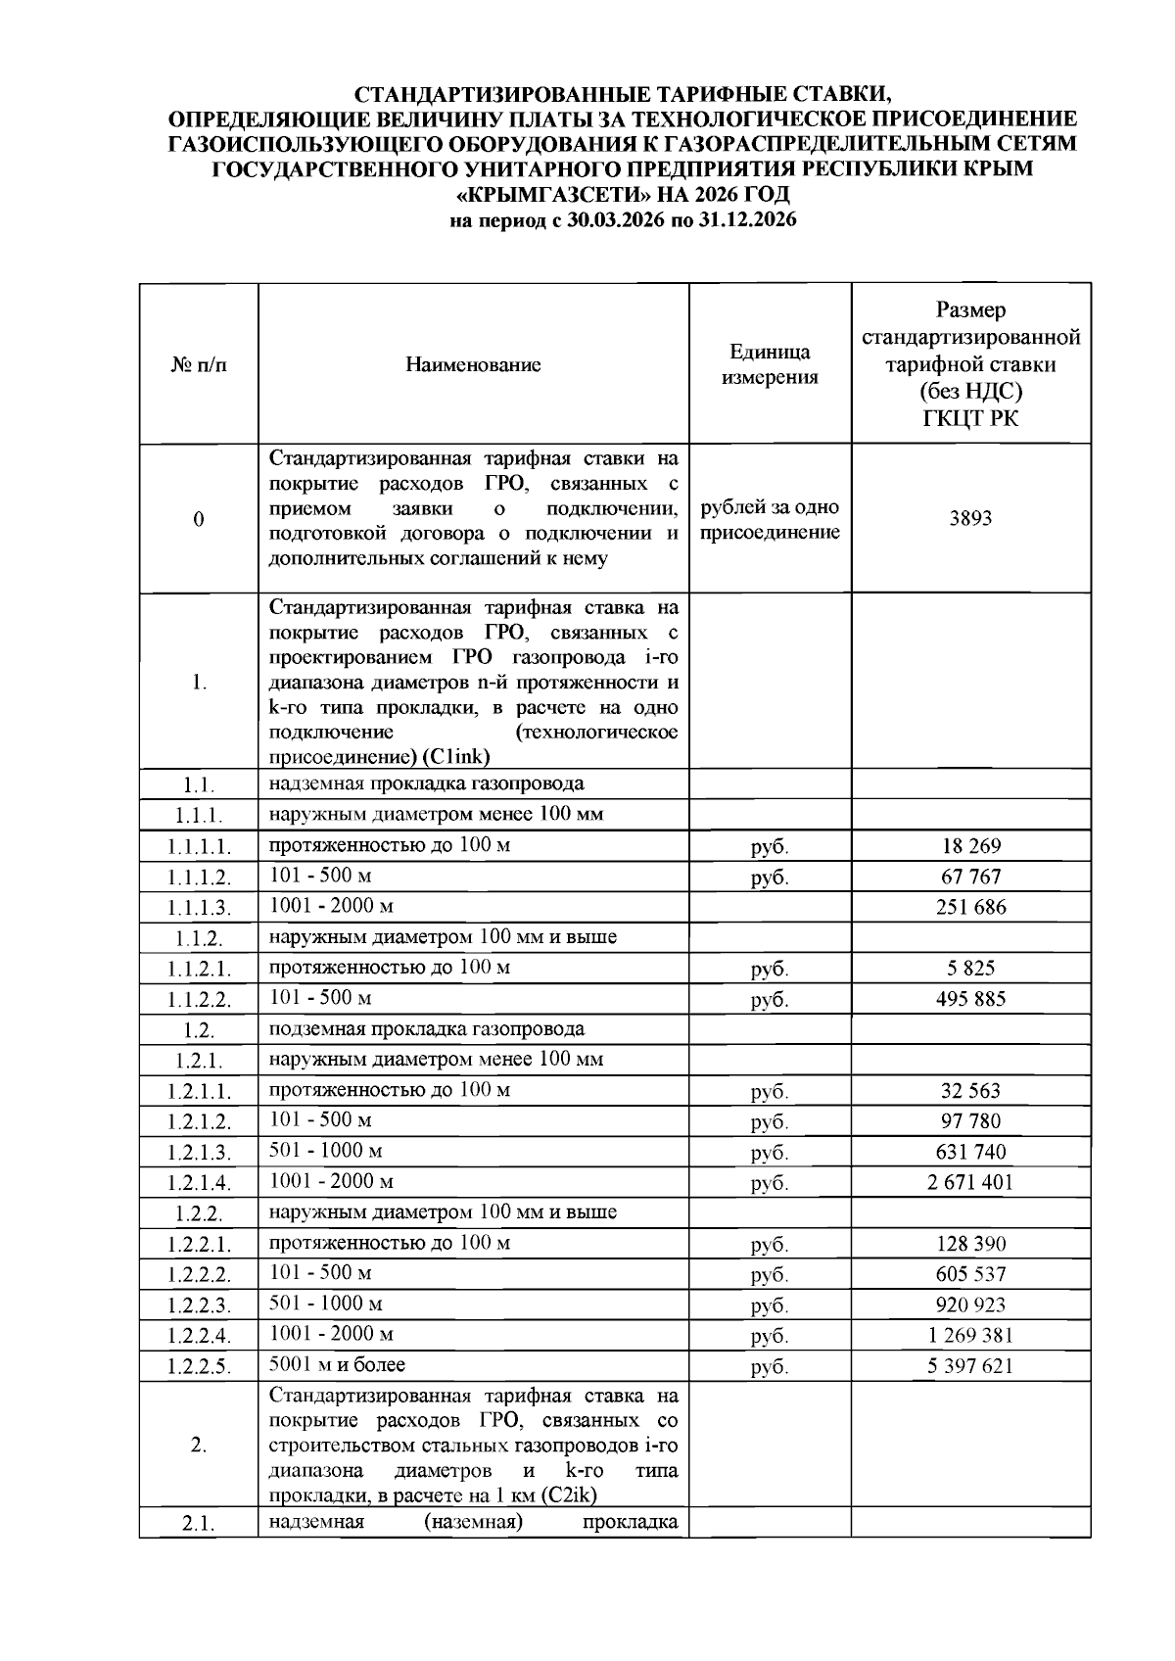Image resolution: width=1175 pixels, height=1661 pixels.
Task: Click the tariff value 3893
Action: (969, 519)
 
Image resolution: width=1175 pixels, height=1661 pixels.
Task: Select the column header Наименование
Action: (473, 365)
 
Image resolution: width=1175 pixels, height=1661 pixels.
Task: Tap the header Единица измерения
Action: (770, 365)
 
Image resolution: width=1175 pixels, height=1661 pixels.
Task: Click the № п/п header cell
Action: (199, 365)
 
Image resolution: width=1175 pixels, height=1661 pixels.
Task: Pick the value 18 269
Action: (969, 846)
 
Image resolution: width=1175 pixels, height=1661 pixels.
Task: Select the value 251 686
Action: (969, 907)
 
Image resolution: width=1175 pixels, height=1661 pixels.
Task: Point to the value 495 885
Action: (969, 999)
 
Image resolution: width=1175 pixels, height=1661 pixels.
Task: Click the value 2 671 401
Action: (969, 1182)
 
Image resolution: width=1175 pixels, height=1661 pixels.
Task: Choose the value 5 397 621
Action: (969, 1366)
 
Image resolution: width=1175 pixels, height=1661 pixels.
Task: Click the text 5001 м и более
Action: (337, 1364)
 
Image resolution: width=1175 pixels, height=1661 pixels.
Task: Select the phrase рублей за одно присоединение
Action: (770, 520)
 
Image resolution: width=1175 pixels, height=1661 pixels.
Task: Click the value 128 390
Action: (969, 1244)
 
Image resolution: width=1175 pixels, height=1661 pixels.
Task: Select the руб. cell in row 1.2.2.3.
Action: (770, 1305)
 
